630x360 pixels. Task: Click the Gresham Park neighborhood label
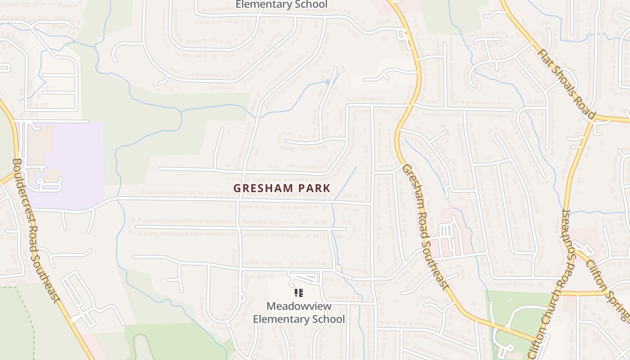coord(282,188)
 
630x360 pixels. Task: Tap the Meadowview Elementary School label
coord(299,313)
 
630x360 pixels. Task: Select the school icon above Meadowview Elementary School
coord(299,293)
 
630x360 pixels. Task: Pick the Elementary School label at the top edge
coord(282,5)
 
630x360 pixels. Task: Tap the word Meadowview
coord(299,306)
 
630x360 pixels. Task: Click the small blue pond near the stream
coord(327,81)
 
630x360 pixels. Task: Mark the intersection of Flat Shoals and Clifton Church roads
coord(593,118)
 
